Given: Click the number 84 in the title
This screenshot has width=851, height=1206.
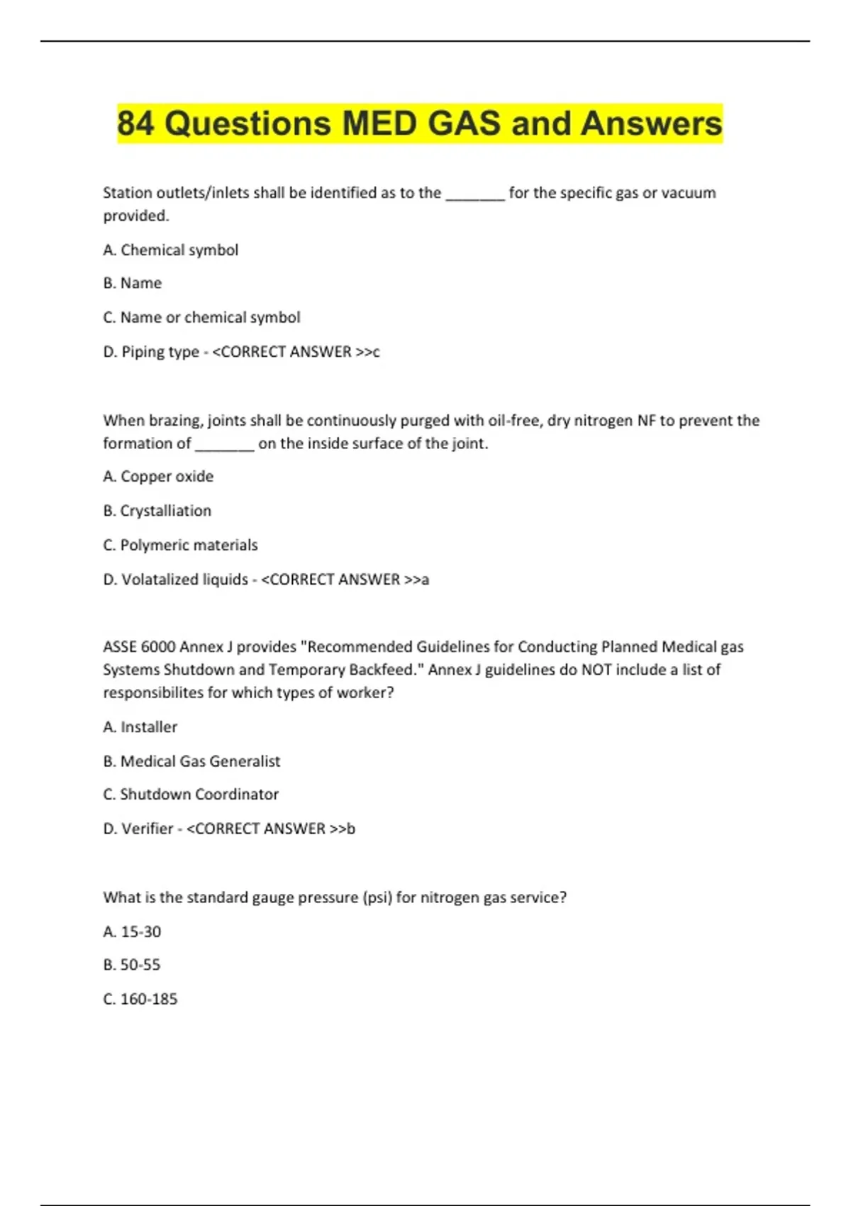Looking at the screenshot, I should [135, 123].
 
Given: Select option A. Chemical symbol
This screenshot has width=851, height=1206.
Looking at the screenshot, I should [170, 250].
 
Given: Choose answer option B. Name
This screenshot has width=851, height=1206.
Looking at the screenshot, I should [133, 283].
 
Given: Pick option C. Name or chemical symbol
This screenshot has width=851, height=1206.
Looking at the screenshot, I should [201, 317].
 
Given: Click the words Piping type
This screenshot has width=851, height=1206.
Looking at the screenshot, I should [160, 352].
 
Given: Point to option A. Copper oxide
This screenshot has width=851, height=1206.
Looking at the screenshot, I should [158, 476].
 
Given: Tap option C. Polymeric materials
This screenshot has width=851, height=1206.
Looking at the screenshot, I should [180, 545].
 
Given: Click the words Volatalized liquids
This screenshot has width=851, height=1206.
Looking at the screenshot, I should [185, 580].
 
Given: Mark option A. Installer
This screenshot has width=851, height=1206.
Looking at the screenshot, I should [140, 726].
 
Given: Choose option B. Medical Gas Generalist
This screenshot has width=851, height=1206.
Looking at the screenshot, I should [191, 761].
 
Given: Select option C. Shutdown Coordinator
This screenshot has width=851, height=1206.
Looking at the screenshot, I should [191, 794].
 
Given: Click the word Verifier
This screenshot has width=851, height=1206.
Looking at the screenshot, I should [148, 829].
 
